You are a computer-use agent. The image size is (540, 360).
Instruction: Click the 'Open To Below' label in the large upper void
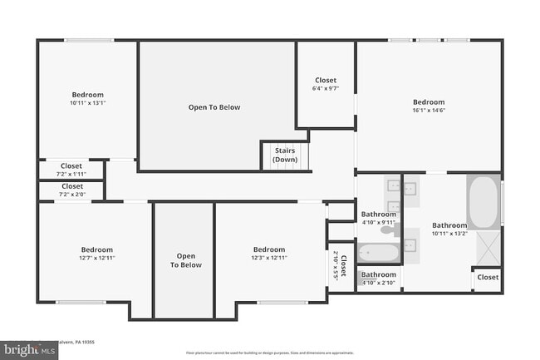(x=214, y=107)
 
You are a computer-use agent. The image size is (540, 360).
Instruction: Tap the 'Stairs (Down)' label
(x=285, y=155)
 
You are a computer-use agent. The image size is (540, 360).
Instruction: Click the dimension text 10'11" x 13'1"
(x=87, y=103)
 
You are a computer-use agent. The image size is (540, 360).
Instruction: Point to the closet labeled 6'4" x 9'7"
(x=326, y=88)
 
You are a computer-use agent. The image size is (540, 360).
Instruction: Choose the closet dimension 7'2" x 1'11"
(x=71, y=174)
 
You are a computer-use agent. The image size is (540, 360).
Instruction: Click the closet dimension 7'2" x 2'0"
(x=71, y=195)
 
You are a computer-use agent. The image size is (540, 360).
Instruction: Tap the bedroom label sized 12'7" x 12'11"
(x=96, y=258)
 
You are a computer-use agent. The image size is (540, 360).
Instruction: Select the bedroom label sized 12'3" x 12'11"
(x=269, y=258)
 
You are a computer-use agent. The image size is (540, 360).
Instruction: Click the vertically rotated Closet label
(x=344, y=263)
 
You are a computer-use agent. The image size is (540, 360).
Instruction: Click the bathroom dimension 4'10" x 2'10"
(x=378, y=283)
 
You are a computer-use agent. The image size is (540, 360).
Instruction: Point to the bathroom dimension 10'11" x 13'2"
(x=449, y=234)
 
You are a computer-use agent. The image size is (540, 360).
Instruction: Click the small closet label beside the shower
(x=488, y=277)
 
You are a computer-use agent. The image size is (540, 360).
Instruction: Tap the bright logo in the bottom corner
(x=29, y=350)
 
